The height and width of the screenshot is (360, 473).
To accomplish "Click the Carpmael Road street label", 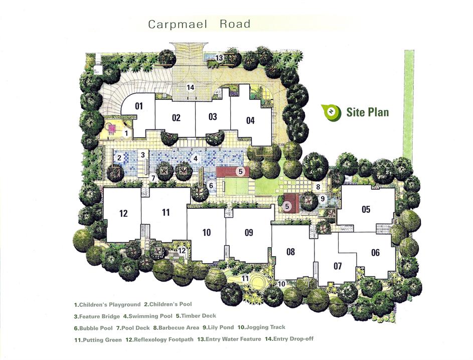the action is pos(200,24).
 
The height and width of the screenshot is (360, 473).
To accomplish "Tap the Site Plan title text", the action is pos(368,112).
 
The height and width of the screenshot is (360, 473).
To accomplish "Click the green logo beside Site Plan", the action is pos(331,112).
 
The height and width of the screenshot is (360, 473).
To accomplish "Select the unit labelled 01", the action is pos(139,106).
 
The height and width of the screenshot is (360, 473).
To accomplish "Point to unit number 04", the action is pos(250,121).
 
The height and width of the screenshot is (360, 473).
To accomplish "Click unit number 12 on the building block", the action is pos(123,213).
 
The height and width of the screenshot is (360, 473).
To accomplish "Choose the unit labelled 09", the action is pos(249,232).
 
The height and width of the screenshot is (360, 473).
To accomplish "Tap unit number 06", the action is pos(375,253).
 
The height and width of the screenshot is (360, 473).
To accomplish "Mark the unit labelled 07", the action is pos(338,266).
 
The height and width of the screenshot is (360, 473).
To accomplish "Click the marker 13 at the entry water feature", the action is pos(219,58).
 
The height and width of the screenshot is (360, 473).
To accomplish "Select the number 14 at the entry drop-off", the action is pos(190,87).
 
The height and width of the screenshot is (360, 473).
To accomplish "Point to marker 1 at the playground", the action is pos(126,133).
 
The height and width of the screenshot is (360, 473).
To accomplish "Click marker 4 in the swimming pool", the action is pos(196,158).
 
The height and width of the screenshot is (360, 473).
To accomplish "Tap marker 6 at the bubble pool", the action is pos(211,185).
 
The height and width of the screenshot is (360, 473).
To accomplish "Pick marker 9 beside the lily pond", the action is pos(323,199).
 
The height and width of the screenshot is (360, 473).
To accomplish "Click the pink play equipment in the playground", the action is pos(112,129).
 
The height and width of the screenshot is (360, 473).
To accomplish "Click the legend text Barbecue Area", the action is pos(176,328).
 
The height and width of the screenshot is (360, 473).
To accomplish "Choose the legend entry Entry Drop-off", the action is pos(289,339).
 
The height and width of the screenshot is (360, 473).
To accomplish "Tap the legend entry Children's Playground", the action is pos(107,305).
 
